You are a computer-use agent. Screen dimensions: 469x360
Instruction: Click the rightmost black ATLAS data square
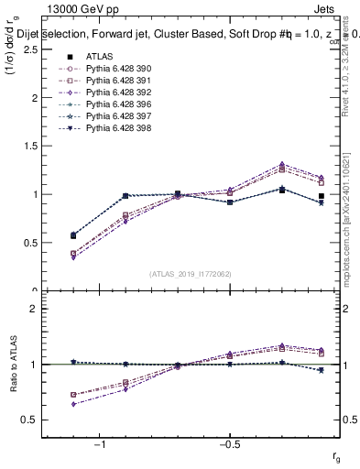click(x=322, y=196)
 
